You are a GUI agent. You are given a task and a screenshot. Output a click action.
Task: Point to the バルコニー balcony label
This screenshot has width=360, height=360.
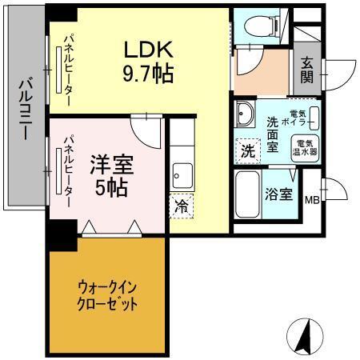coord(24,112)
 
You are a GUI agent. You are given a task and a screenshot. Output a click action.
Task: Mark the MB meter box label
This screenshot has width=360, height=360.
coord(312,200)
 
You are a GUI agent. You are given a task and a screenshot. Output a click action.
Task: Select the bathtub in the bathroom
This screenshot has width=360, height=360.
coord(247,194)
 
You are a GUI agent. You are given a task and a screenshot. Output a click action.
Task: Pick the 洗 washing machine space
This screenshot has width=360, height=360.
coord(248,150)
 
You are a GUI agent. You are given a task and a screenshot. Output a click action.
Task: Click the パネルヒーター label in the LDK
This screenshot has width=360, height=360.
coord(70,67)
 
